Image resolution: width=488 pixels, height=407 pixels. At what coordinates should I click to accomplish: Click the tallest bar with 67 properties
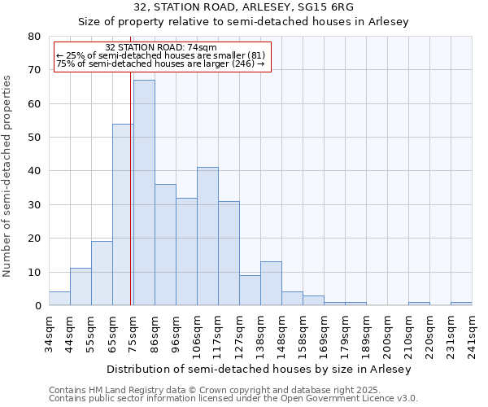(144, 193)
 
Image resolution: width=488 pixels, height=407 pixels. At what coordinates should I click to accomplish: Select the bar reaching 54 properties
(123, 215)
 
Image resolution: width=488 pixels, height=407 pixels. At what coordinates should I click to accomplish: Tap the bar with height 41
(207, 236)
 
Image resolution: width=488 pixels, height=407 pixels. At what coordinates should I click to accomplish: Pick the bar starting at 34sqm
(59, 299)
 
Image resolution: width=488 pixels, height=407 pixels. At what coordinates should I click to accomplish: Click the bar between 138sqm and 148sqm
(271, 284)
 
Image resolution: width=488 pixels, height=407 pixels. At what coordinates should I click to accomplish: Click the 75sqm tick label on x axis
(133, 332)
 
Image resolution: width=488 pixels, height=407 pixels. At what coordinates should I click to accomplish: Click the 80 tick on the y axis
(34, 37)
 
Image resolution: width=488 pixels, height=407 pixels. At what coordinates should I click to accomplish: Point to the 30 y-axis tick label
(34, 205)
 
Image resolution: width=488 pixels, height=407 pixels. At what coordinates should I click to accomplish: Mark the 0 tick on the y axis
(37, 306)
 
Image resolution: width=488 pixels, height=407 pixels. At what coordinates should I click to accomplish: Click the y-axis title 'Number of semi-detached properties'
(8, 176)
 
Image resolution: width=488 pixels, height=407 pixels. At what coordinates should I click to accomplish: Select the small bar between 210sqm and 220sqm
(419, 304)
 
